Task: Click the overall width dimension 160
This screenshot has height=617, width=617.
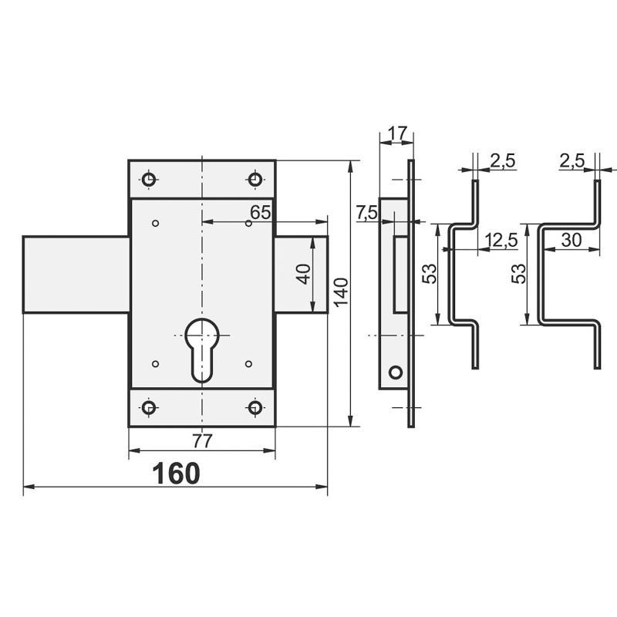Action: click(x=176, y=474)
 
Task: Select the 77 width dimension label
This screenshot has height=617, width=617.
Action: click(x=202, y=440)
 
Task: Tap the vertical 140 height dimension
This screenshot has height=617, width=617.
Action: click(x=341, y=292)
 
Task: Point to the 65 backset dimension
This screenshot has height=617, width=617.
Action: click(x=261, y=213)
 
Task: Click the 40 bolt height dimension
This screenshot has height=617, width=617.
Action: click(x=304, y=274)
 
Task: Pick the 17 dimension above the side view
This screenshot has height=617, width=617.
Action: click(x=398, y=133)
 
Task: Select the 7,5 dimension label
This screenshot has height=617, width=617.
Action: click(x=367, y=214)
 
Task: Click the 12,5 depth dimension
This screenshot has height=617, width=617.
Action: click(x=501, y=240)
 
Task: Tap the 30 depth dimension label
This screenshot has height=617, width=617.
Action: click(x=571, y=240)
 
